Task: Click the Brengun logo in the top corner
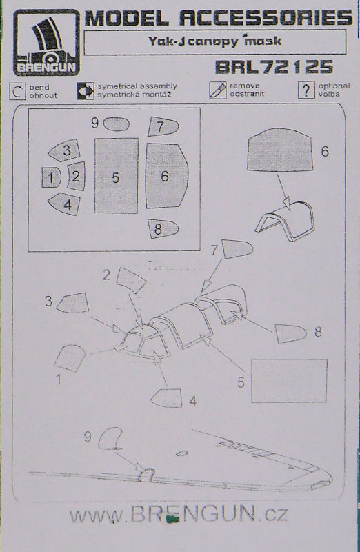coord(46,42)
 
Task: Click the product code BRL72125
coord(274,67)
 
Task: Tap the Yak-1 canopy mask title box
coord(215,42)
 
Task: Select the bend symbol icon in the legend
coord(17,91)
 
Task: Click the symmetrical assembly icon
coord(86,91)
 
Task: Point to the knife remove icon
coord(217,90)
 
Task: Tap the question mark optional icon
coord(306,90)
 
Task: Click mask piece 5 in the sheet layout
coord(116,176)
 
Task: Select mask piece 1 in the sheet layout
coord(51,177)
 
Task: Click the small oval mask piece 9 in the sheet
coord(117,124)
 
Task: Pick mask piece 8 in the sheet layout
coord(163,229)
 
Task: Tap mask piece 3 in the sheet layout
coord(64,150)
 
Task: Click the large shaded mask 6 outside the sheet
coord(280,150)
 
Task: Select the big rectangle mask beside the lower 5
coord(289,381)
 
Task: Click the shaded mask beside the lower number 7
coord(237,249)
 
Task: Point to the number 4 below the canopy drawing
coord(192,401)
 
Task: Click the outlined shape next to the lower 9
coord(110,439)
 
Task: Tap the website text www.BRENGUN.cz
coord(179,515)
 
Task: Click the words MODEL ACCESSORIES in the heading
coord(218,18)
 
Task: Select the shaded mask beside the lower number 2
coord(131,280)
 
